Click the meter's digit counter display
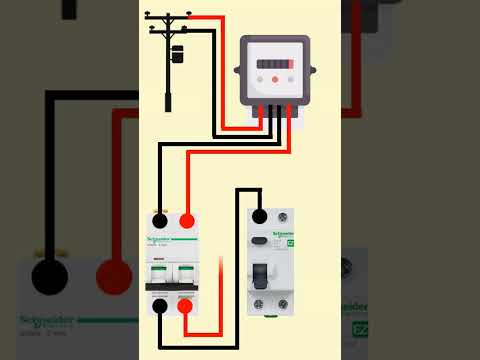click(273, 63)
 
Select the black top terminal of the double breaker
click(159, 221)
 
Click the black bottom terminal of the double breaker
click(159, 306)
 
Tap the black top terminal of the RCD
click(259, 216)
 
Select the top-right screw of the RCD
click(286, 216)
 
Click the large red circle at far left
click(114, 276)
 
